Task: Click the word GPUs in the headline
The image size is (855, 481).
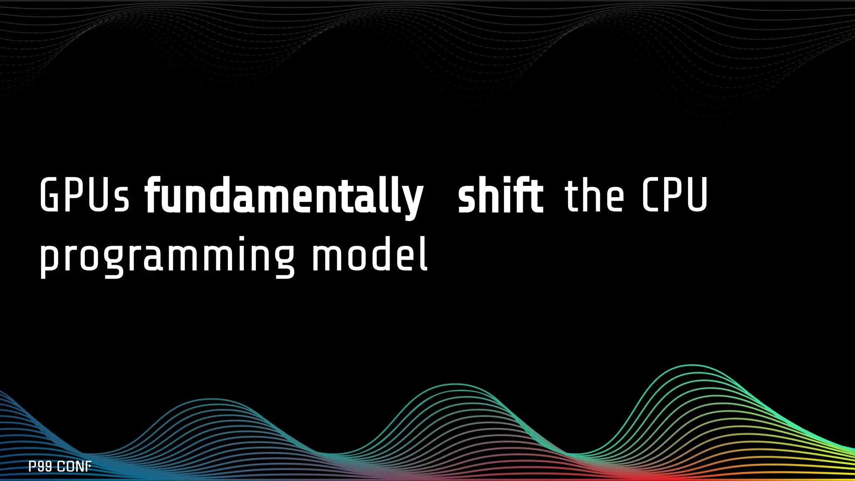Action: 84,195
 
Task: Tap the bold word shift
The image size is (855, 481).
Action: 500,195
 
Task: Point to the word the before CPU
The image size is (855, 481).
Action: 594,195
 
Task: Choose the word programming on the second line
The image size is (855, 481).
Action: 167,256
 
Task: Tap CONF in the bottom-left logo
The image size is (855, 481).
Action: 74,466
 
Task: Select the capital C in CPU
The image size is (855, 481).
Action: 649,195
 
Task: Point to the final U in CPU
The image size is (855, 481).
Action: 696,195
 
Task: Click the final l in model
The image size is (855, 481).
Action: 424,253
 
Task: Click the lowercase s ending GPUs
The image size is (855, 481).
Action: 122,200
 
